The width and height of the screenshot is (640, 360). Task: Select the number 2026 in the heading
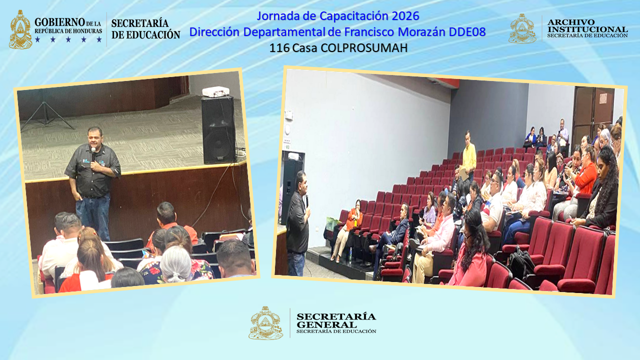(405, 16)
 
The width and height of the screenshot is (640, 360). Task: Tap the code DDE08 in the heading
(467, 32)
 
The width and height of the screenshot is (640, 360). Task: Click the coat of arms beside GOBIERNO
(20, 30)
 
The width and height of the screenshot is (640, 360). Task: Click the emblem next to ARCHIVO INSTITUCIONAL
(522, 28)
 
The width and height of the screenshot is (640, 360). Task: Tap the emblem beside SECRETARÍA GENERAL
(265, 323)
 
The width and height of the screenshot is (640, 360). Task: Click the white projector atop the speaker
(215, 91)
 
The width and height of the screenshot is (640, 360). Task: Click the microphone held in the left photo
(93, 152)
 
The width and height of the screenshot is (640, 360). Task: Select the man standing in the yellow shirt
(468, 155)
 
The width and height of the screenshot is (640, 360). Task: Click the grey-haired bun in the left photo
(176, 264)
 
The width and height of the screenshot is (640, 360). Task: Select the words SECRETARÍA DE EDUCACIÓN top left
(145, 29)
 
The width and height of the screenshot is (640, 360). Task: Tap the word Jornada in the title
(277, 16)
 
